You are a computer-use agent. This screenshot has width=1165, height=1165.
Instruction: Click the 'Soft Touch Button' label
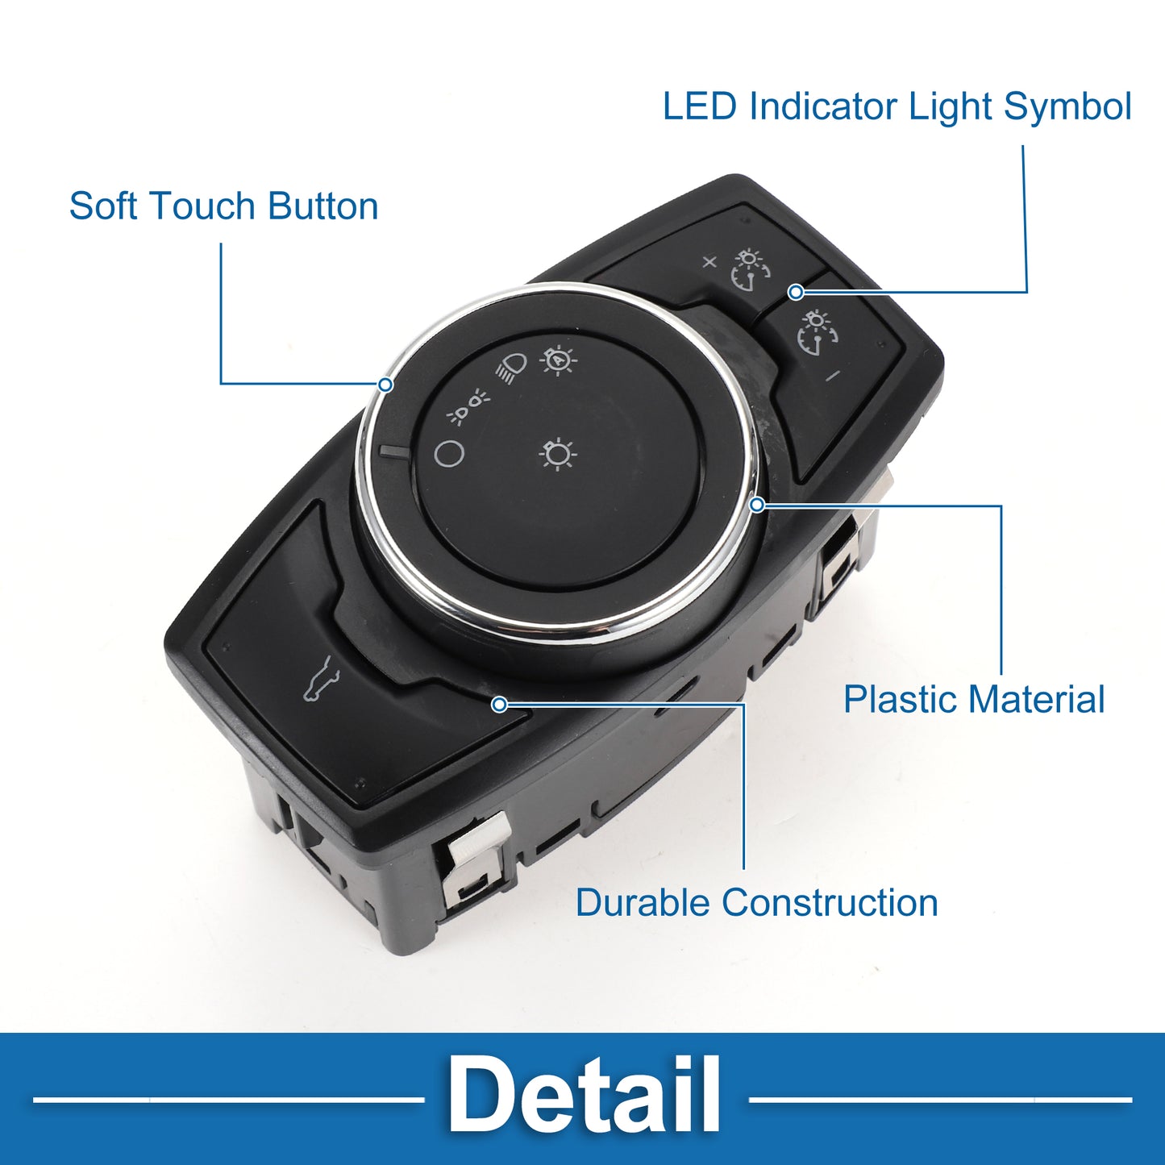[x=223, y=206]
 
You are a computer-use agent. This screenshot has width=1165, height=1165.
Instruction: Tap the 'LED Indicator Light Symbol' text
[x=897, y=107]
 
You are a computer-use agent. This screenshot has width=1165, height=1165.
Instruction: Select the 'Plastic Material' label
[x=974, y=699]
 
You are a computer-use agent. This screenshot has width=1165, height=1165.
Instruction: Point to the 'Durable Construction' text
[x=756, y=903]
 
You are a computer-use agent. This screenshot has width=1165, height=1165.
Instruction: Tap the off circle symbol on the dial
[x=449, y=453]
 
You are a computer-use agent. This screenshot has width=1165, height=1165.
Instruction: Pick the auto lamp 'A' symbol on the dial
[x=560, y=360]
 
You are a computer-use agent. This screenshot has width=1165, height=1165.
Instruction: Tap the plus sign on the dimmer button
[x=709, y=262]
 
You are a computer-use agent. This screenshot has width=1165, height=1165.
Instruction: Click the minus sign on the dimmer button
[x=833, y=376]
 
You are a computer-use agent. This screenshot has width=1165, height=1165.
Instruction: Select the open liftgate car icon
[x=321, y=680]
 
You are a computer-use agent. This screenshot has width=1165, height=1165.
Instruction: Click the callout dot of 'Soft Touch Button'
[x=385, y=384]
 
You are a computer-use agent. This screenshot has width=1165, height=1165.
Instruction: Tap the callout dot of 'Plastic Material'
[x=756, y=505]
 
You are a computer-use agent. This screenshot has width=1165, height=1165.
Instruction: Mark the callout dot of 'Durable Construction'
[x=499, y=704]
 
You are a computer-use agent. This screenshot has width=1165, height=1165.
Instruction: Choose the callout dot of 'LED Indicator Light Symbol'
[x=797, y=293]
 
